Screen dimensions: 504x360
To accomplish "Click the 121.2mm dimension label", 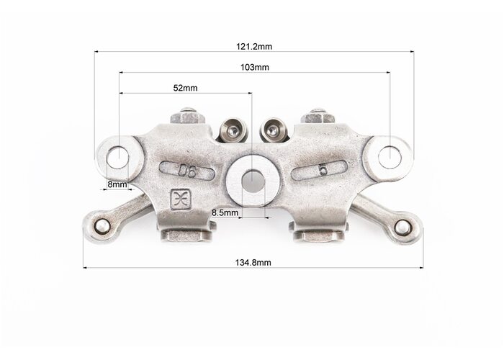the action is pos(254,47).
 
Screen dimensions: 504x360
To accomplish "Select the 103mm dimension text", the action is pos(255,68).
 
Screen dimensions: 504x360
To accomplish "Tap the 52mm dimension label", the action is pos(185,88).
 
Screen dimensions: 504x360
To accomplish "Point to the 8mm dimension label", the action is pos(117,184).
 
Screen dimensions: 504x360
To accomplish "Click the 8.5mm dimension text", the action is pos(225,213).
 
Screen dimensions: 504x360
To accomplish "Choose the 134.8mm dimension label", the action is pos(253,263).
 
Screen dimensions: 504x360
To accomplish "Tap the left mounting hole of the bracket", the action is pos(118,157).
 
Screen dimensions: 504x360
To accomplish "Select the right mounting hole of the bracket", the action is pos(390,157).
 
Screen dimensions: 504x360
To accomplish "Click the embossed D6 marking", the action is pos(187,171).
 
